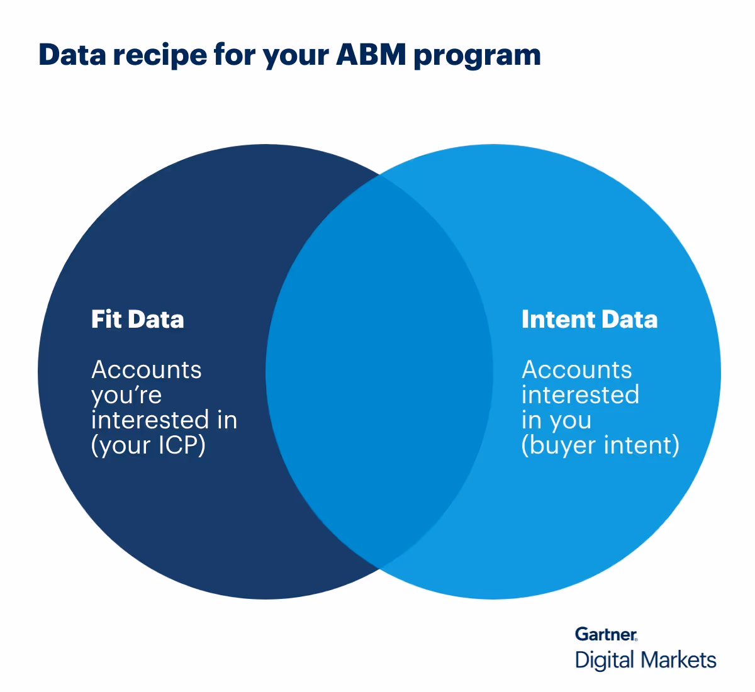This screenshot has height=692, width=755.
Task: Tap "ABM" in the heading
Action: click(x=371, y=55)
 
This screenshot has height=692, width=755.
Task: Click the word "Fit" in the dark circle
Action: click(x=106, y=320)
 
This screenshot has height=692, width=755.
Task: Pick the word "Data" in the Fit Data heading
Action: click(x=156, y=320)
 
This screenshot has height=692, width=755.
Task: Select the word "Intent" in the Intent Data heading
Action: click(x=558, y=320)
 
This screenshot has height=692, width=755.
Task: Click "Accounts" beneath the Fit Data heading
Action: click(x=146, y=370)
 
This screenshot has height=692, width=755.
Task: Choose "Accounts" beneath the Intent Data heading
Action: click(x=576, y=370)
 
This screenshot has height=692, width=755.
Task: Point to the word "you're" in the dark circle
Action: click(x=126, y=396)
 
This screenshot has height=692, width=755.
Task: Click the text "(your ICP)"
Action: click(x=148, y=446)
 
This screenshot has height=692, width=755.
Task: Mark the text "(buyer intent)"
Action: click(x=600, y=446)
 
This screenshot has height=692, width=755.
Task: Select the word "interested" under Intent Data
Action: click(x=580, y=395)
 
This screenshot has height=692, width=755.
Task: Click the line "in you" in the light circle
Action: click(x=556, y=420)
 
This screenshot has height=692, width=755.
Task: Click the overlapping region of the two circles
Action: click(x=379, y=371)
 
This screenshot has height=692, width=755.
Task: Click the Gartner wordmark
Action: click(x=606, y=634)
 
